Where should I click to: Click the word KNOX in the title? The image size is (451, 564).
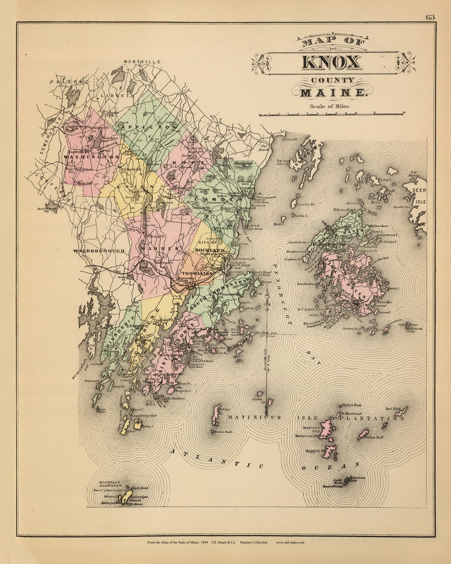point(332,62)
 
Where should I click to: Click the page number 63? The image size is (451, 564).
point(430,17)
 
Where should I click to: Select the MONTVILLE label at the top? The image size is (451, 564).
point(142,62)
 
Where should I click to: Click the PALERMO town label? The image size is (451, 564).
point(69,82)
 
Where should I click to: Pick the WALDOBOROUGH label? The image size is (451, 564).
point(99,251)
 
